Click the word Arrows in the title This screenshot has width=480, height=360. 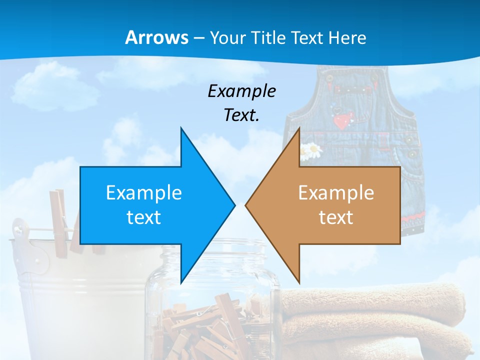(x=156, y=38)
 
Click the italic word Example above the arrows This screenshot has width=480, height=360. (x=241, y=91)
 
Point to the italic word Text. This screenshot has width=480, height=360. (x=241, y=115)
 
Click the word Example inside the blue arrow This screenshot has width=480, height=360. (x=144, y=193)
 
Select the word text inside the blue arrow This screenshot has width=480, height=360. (x=144, y=217)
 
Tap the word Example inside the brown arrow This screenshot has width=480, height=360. (x=336, y=193)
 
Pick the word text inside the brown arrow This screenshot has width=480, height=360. (x=336, y=217)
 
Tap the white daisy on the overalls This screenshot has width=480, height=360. (x=312, y=148)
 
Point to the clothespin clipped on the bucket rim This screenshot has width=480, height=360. (x=60, y=215)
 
